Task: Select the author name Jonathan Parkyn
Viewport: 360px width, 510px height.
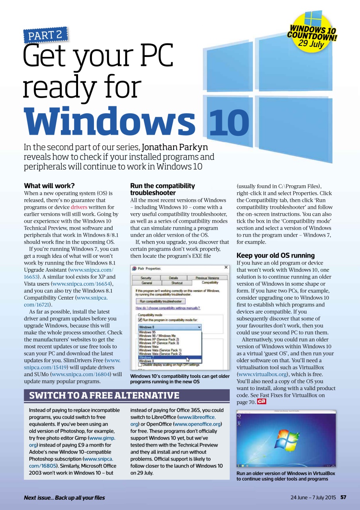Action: [x=175, y=147]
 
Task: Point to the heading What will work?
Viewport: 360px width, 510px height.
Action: [x=49, y=186]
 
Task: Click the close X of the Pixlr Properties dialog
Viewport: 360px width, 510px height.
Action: [x=226, y=268]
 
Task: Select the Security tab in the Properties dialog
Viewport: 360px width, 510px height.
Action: [x=146, y=278]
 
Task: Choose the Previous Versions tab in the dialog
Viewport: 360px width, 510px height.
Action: [x=207, y=278]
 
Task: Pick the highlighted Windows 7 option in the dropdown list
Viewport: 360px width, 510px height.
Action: [x=145, y=357]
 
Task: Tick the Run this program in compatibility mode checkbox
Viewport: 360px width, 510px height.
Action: [x=140, y=320]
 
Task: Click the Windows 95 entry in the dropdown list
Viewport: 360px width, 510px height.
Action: [x=147, y=332]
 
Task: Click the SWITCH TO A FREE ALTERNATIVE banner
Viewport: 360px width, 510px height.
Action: [x=104, y=396]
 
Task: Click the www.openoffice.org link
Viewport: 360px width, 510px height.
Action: [x=198, y=424]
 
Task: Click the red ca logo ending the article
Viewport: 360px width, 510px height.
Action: [x=262, y=402]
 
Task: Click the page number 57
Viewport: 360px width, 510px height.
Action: [x=343, y=497]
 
